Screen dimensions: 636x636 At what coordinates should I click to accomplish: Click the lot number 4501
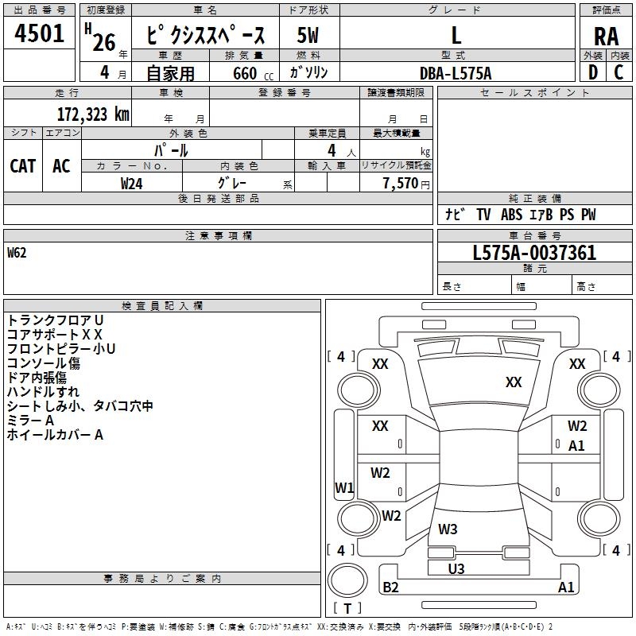pyautogui.click(x=40, y=34)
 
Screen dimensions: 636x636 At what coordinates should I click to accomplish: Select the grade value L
pyautogui.click(x=456, y=35)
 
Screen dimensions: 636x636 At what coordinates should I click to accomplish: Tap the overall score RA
pyautogui.click(x=606, y=37)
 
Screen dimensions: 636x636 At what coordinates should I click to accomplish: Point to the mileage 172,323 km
pyautogui.click(x=93, y=114)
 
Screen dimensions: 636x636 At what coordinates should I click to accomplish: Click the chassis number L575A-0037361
pyautogui.click(x=534, y=253)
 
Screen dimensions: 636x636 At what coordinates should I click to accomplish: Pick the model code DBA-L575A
pyautogui.click(x=456, y=73)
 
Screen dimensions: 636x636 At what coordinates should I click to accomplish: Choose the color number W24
pyautogui.click(x=131, y=183)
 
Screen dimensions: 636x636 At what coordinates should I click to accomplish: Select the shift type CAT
pyautogui.click(x=22, y=165)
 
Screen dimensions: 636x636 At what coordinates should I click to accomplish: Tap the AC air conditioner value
pyautogui.click(x=61, y=165)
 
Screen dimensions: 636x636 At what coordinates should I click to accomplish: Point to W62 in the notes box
pyautogui.click(x=17, y=254)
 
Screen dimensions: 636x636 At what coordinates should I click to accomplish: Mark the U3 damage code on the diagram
pyautogui.click(x=456, y=568)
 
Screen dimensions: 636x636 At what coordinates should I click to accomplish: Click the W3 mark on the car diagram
pyautogui.click(x=448, y=529)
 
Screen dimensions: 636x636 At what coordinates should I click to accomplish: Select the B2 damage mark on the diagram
pyautogui.click(x=391, y=588)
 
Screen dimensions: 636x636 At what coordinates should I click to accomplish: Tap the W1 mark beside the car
pyautogui.click(x=343, y=487)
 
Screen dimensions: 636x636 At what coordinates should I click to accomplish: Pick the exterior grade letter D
pyautogui.click(x=592, y=72)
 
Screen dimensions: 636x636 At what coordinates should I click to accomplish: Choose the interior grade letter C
pyautogui.click(x=619, y=72)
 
